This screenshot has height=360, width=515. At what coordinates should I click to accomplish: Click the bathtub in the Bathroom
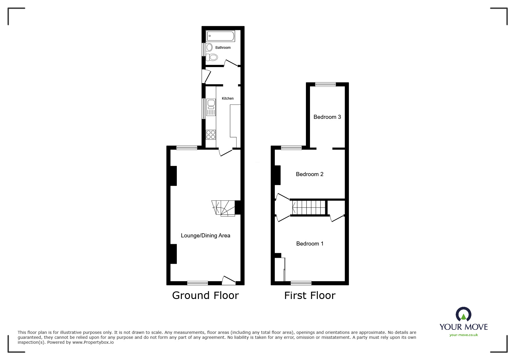tap(220, 36)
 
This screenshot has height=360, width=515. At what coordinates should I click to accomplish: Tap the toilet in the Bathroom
tap(212, 57)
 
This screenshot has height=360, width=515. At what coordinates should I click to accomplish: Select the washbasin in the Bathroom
tap(209, 47)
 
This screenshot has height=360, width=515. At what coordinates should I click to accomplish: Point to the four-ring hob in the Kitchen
tap(211, 135)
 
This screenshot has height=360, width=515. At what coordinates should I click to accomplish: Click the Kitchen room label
tap(228, 98)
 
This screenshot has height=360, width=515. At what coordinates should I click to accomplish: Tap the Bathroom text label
tap(223, 48)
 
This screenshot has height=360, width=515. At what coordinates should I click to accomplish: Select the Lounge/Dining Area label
tap(205, 236)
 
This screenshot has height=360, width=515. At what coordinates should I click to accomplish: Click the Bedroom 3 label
tap(327, 117)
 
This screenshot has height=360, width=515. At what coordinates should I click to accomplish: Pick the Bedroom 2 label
tap(309, 174)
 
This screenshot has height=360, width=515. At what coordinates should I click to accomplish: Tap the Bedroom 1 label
tap(310, 244)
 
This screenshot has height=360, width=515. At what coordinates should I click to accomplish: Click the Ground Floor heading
tap(205, 295)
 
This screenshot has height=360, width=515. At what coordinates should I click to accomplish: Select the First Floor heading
tap(310, 295)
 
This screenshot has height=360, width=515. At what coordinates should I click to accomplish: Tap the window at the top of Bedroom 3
tap(325, 85)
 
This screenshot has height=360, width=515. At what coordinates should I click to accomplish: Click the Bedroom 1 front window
tap(301, 283)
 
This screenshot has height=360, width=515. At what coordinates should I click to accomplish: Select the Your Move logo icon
tap(464, 315)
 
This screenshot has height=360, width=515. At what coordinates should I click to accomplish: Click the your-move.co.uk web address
tap(464, 335)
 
